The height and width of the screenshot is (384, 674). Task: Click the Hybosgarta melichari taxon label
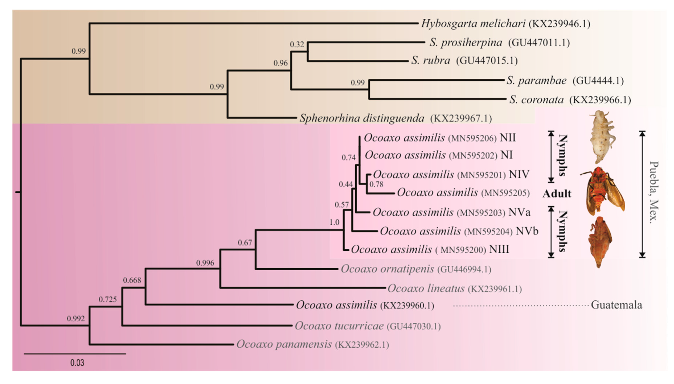[x=473, y=24]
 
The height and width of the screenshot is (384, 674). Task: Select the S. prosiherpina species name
[x=466, y=43]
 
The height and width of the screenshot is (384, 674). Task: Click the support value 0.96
[x=280, y=63]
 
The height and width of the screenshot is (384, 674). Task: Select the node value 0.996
[x=205, y=263]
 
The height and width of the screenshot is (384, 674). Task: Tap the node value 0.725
[x=108, y=299]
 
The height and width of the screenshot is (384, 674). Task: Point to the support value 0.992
[x=76, y=319]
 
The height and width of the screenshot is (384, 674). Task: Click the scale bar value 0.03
[x=77, y=363]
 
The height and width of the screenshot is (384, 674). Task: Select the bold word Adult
[x=557, y=194]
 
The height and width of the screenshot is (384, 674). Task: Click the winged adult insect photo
[x=602, y=191]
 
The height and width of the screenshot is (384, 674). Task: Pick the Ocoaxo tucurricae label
[x=339, y=326]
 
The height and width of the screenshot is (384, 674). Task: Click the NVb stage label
[x=527, y=231]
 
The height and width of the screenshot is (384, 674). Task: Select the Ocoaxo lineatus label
[x=426, y=289]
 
